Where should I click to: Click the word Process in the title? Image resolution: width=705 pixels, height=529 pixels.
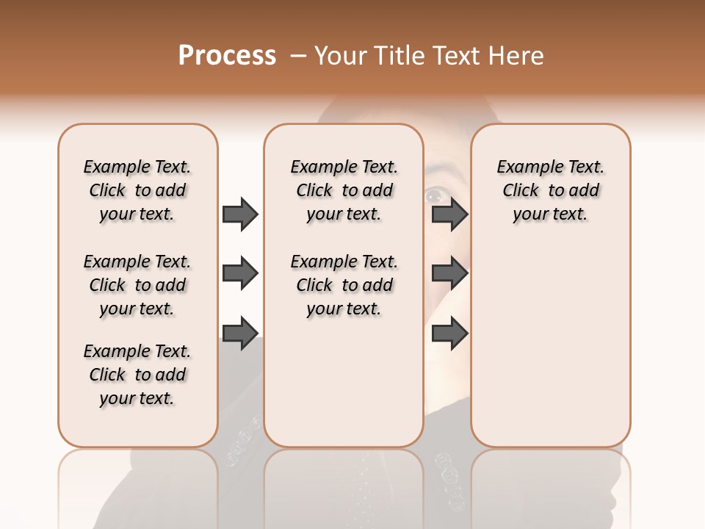(x=227, y=56)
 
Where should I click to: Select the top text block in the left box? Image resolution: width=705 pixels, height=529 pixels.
(x=137, y=190)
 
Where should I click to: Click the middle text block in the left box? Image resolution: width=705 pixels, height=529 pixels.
(x=137, y=285)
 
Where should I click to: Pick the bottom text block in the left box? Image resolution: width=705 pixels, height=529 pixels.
(x=137, y=375)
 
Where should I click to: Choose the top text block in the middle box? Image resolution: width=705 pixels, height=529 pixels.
(x=344, y=190)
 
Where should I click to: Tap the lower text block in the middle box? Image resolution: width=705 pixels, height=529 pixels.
(x=344, y=285)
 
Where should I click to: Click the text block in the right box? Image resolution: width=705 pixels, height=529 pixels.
(x=550, y=190)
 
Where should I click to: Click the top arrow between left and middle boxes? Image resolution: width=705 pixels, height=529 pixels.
(x=240, y=215)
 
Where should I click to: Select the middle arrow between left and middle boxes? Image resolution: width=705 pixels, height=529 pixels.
(x=240, y=274)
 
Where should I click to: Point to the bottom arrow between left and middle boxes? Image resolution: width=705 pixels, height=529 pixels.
(x=240, y=334)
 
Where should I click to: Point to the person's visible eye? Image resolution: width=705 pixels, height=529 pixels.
(x=434, y=195)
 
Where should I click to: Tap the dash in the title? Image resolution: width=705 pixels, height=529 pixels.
(x=297, y=56)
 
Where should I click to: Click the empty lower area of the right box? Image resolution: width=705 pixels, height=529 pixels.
(x=550, y=345)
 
